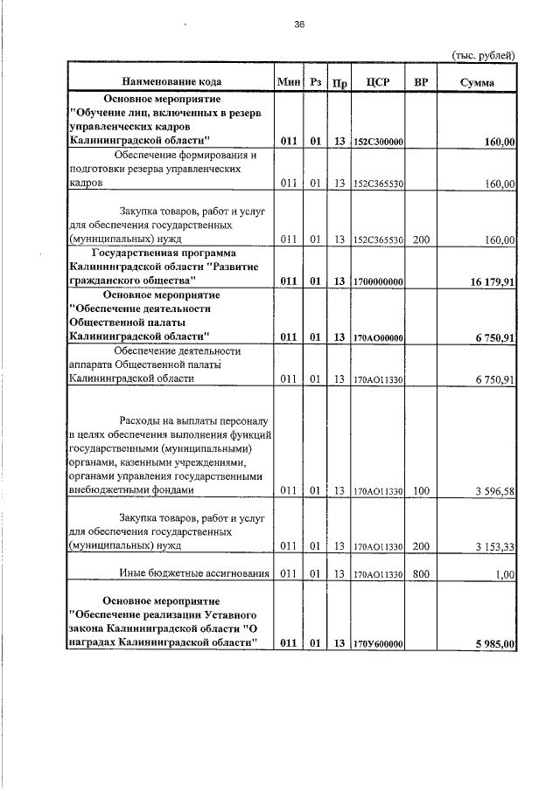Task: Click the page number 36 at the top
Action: [x=299, y=24]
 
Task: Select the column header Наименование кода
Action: [x=171, y=81]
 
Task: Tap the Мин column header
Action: [x=289, y=81]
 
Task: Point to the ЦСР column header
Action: [x=377, y=82]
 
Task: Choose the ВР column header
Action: [x=421, y=82]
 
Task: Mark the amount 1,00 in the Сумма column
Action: [x=504, y=574]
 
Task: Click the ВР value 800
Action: [x=421, y=574]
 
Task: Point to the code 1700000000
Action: [x=377, y=281]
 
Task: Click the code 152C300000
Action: [x=377, y=141]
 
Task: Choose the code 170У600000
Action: [x=377, y=644]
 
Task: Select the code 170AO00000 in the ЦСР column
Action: [x=377, y=337]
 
